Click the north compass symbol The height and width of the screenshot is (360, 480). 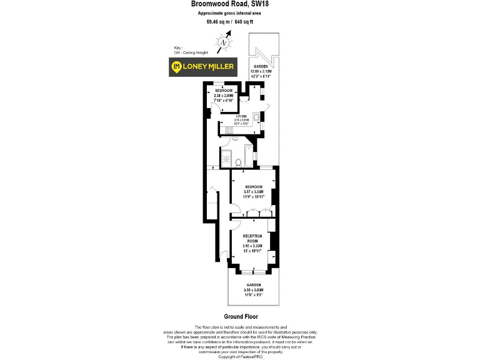(224, 42)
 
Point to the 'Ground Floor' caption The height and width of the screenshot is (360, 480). (241, 317)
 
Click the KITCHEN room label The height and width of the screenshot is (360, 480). (241, 116)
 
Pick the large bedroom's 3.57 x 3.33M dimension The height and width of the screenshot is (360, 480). (254, 191)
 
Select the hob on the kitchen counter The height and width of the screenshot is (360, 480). (229, 129)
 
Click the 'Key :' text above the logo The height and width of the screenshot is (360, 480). (179, 48)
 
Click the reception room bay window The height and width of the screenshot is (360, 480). (253, 271)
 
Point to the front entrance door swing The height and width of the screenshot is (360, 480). (222, 255)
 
